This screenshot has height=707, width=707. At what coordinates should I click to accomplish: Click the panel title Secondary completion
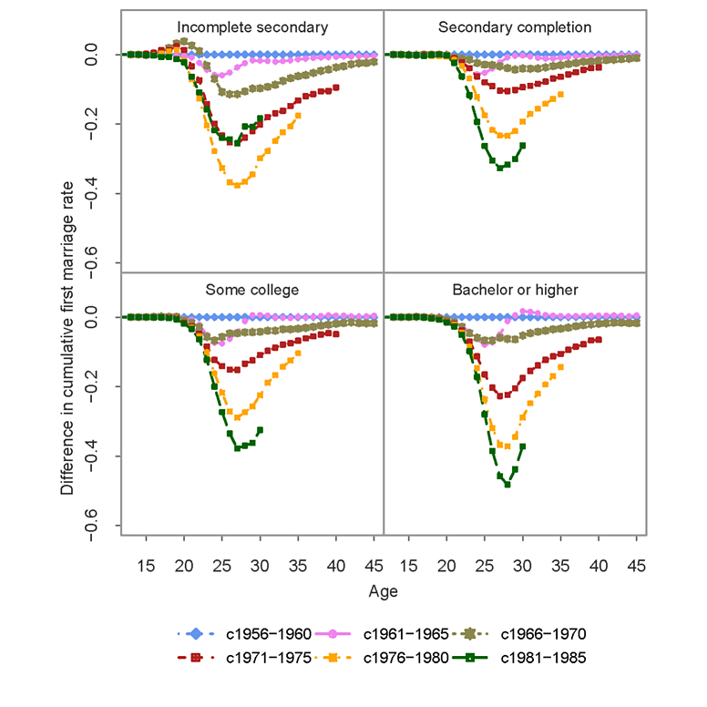[515, 27]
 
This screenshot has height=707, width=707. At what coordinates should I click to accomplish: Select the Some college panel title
[251, 290]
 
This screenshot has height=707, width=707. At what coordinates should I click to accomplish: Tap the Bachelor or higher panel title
[515, 290]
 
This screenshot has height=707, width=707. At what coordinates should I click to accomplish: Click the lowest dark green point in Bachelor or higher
[507, 485]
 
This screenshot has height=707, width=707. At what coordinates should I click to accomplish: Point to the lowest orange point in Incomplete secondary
[238, 185]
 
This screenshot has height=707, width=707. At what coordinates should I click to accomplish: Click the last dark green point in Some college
[261, 429]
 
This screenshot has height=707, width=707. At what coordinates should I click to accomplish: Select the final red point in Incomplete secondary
[337, 87]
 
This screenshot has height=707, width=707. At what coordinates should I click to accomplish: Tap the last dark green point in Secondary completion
[523, 145]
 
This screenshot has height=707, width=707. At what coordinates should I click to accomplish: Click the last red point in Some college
[337, 333]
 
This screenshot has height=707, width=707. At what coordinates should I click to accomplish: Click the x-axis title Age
[383, 591]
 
